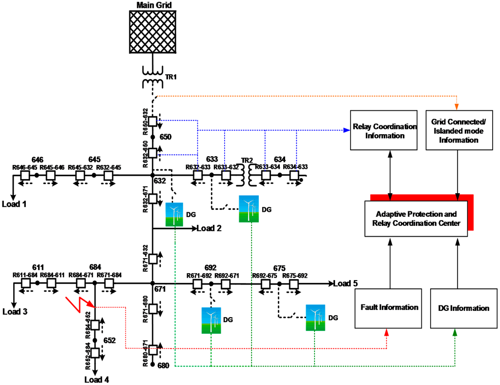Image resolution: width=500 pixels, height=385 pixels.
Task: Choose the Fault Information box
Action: [x=390, y=307]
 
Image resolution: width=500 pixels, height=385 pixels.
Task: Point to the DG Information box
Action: [x=460, y=308]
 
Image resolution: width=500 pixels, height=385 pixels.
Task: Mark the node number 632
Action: [x=160, y=182]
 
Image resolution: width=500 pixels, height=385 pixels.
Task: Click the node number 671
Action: [x=160, y=289]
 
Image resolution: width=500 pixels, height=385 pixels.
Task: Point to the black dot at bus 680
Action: [x=153, y=365]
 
